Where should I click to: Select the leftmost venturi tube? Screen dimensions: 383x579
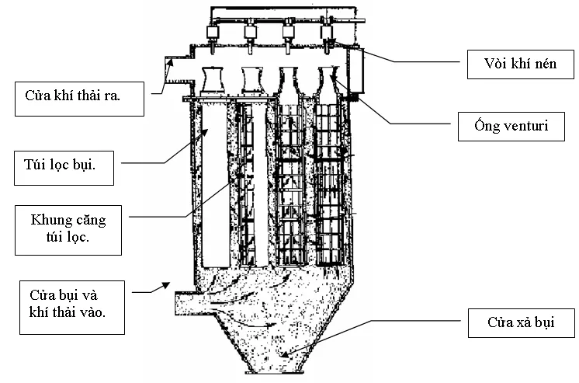point(213,80)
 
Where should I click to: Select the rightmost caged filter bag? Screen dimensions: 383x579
point(329,186)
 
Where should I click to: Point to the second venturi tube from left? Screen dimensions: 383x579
point(251,80)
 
